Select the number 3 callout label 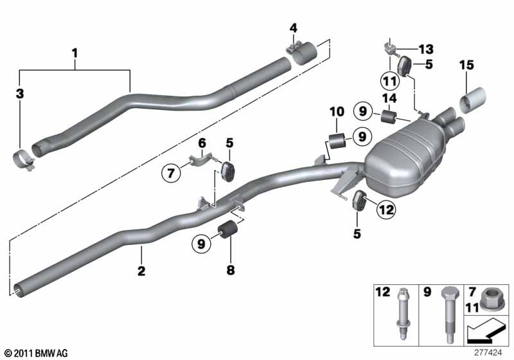pos(19,94)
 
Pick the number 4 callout pos(293,28)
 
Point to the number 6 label pos(200,143)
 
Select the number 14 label pos(389,98)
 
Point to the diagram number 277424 pos(491,352)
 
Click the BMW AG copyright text pos(35,353)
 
